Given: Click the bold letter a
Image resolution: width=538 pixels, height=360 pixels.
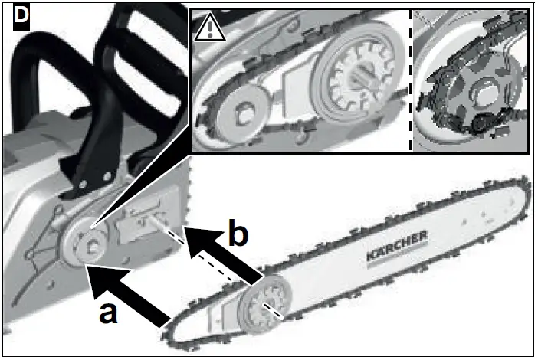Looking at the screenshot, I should tap(110, 313).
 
